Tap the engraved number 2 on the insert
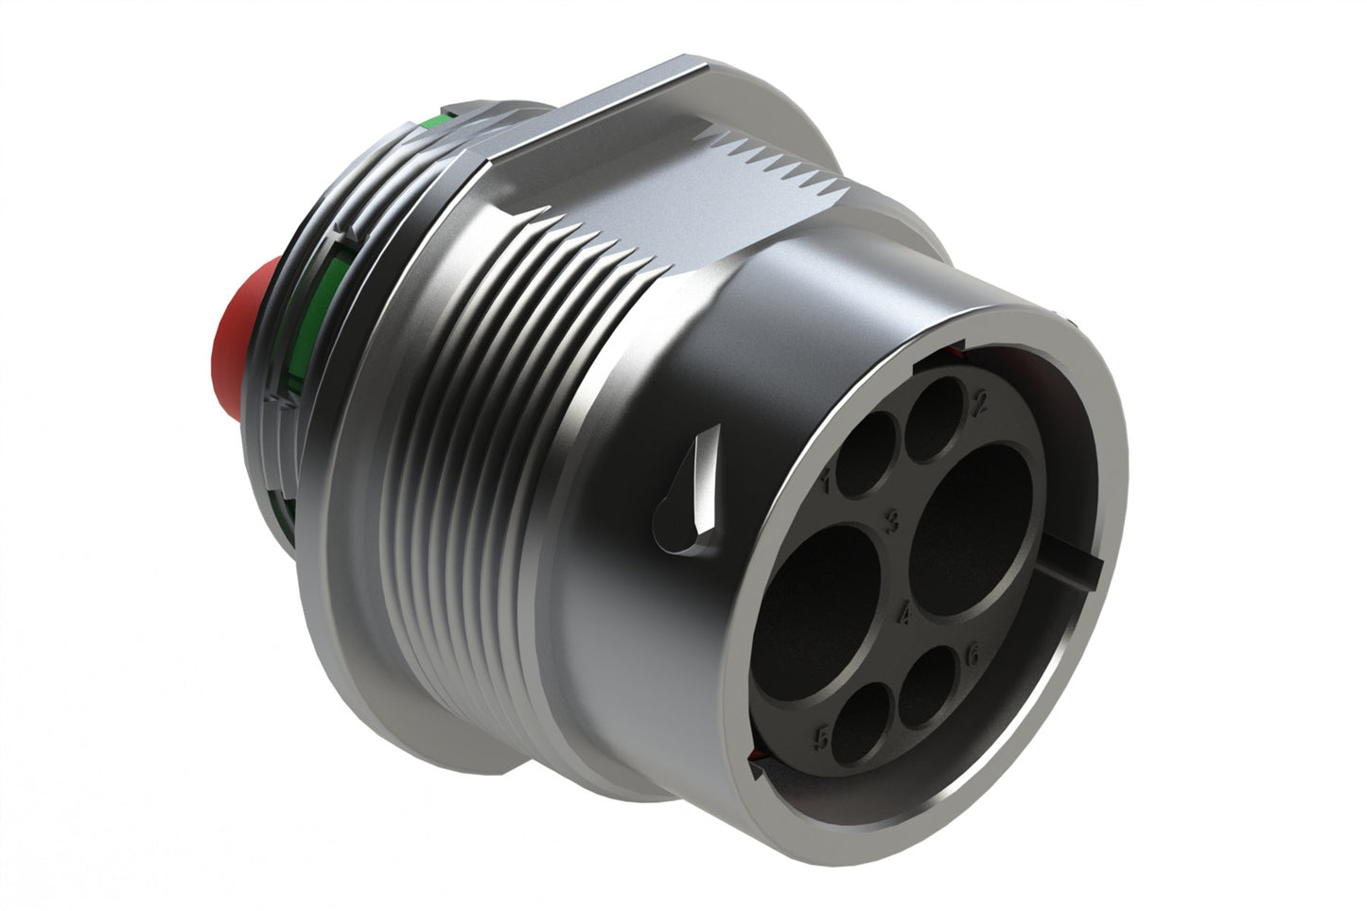pyautogui.click(x=980, y=406)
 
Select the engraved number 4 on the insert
pyautogui.click(x=904, y=614)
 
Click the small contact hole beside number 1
pyautogui.click(x=867, y=455)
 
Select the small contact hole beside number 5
pyautogui.click(x=863, y=723)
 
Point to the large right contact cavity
pyautogui.click(x=972, y=532)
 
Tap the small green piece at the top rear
pyautogui.click(x=431, y=123)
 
